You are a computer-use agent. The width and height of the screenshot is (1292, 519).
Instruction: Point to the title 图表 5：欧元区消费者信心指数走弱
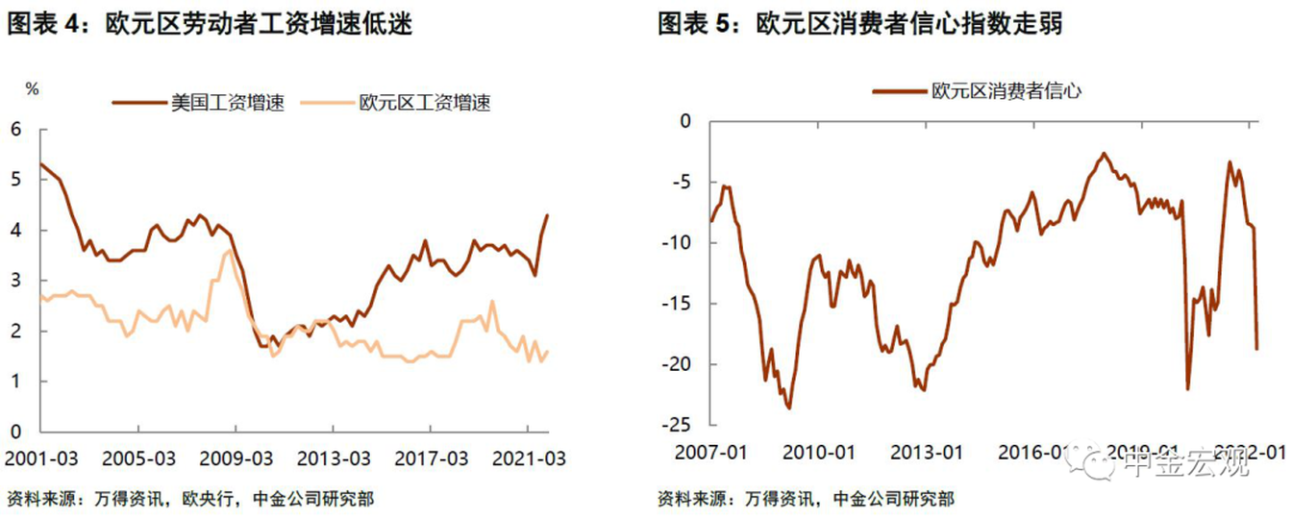tap(860, 24)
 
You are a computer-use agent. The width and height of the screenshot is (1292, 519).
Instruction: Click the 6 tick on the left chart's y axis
tap(15, 130)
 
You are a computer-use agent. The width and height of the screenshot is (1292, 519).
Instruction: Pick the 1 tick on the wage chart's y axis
tap(15, 383)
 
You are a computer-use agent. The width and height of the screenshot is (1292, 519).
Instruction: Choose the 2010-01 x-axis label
tap(821, 452)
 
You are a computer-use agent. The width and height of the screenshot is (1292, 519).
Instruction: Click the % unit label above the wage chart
tap(33, 88)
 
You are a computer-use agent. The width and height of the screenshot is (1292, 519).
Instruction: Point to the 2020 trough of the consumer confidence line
tap(1187, 387)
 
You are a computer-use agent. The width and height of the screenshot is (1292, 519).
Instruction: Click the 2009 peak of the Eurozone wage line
tap(228, 251)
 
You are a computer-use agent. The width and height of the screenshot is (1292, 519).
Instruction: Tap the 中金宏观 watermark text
tap(1188, 465)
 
